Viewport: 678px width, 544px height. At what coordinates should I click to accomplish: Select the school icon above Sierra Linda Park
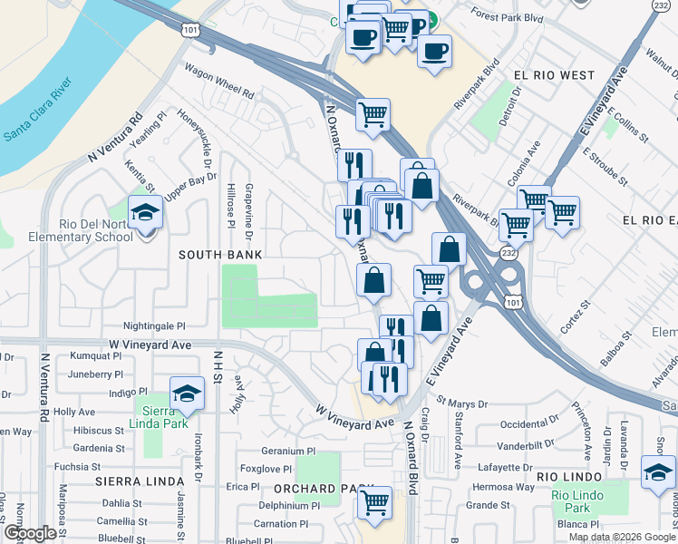pyautogui.click(x=186, y=393)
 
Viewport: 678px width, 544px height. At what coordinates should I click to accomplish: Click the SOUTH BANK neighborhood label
pyautogui.click(x=220, y=256)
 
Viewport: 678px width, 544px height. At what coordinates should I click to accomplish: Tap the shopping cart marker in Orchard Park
pyautogui.click(x=374, y=502)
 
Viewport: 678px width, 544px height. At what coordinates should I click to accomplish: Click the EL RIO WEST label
pyautogui.click(x=553, y=75)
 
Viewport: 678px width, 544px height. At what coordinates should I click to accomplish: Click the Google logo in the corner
pyautogui.click(x=30, y=534)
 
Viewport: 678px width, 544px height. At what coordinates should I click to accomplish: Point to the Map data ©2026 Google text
pyautogui.click(x=621, y=537)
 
